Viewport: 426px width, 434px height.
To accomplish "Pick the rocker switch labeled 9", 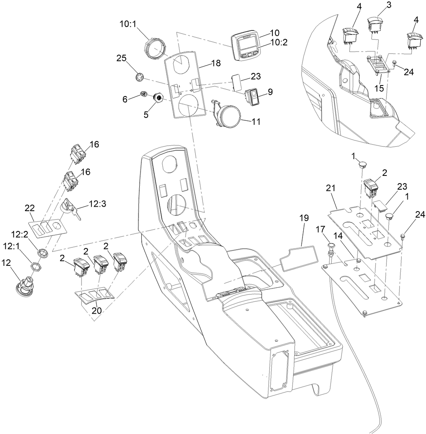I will pyautogui.click(x=254, y=97).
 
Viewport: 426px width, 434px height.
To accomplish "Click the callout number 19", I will pyautogui.click(x=304, y=218).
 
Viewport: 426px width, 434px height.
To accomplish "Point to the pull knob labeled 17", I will pyautogui.click(x=331, y=247).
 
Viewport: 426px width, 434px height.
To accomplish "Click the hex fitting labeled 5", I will pyautogui.click(x=158, y=97).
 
